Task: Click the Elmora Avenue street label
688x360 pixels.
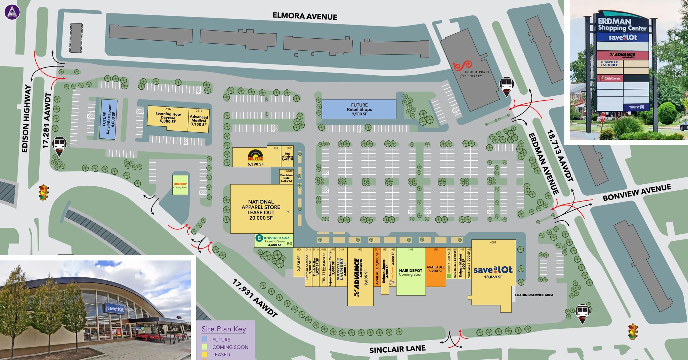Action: point(305,16)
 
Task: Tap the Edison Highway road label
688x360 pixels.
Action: point(26,118)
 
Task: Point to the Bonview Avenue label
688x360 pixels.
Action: point(637,192)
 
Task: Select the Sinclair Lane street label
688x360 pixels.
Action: point(397,349)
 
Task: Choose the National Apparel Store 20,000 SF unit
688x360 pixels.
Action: point(261,210)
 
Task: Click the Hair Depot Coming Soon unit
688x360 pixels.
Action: point(411,272)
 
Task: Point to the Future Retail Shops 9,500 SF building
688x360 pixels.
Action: point(359,109)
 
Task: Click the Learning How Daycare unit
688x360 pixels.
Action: point(168,118)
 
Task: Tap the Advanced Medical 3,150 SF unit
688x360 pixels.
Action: point(199,120)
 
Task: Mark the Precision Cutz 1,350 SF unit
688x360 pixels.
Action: point(286,177)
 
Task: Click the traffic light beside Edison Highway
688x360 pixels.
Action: point(43,192)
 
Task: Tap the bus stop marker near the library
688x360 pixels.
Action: point(506,86)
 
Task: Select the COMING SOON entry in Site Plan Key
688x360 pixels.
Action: point(230,347)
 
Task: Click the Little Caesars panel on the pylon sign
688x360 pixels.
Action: point(610,78)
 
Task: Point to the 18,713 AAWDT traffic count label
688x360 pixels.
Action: point(560,156)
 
